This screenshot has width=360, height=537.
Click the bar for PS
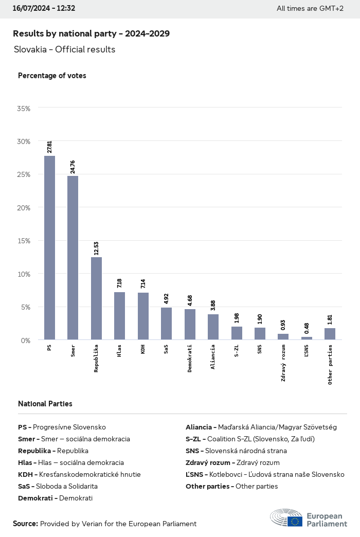coord(49,247)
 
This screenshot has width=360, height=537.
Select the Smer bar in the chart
coord(73,258)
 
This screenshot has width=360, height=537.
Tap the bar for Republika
coord(96,298)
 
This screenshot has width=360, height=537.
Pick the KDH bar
coord(143,316)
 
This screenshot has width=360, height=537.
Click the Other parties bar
coord(330,334)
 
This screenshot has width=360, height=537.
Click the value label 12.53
coord(96,248)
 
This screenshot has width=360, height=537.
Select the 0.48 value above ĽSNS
coord(307,328)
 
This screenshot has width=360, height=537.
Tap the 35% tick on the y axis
coord(24,109)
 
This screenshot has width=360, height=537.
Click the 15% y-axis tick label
coord(24,241)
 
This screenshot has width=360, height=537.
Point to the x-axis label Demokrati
coord(190,359)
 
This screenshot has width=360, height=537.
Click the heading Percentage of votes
coord(52,76)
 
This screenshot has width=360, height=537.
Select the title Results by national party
coord(91,33)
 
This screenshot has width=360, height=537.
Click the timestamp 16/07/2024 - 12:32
coord(44,8)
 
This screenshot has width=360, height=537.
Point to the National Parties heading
coord(45,404)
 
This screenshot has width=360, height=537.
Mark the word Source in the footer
coord(25,524)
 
